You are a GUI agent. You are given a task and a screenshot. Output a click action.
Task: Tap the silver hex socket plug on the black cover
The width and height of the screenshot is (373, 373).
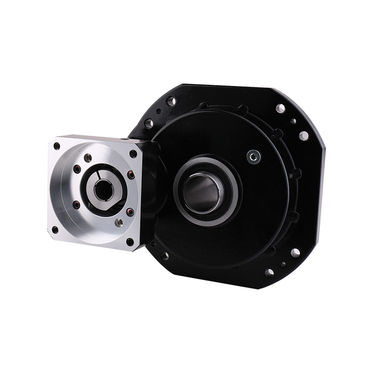tap(253, 156)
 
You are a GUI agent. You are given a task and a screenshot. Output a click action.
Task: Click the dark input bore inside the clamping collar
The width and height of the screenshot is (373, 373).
tap(101, 190)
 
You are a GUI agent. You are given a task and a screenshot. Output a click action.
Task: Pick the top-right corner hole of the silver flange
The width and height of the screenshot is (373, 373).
tap(133, 153)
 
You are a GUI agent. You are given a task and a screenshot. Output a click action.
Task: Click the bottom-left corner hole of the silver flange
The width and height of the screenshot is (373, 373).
tap(55, 229)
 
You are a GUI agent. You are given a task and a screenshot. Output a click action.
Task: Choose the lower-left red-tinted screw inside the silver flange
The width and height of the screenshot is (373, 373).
tap(76, 204)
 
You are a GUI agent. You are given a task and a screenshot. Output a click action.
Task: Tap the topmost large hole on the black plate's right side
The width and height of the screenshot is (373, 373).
tap(280, 109)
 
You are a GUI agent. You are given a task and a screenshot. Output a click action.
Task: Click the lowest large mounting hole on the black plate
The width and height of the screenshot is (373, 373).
tap(269, 273)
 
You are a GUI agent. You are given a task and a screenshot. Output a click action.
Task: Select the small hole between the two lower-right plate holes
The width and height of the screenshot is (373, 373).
tap(283, 264)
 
